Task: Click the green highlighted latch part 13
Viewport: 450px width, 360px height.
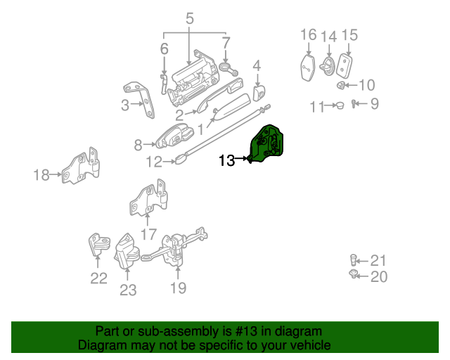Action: click(x=268, y=144)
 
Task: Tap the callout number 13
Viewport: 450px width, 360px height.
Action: click(x=226, y=160)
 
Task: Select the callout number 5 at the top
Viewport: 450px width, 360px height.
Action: click(x=190, y=19)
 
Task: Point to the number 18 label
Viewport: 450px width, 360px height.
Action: click(x=41, y=174)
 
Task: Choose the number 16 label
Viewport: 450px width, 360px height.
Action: click(x=309, y=34)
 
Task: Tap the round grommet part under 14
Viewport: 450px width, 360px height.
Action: click(x=328, y=66)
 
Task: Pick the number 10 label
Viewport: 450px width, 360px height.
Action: click(x=367, y=86)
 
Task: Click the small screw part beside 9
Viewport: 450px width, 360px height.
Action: click(x=355, y=105)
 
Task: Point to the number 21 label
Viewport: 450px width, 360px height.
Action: click(x=378, y=260)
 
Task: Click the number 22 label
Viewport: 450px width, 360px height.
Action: click(x=98, y=278)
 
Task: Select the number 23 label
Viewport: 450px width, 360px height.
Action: click(x=127, y=289)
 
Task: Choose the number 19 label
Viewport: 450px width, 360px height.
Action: click(x=177, y=288)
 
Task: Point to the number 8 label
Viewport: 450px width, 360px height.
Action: click(x=139, y=146)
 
